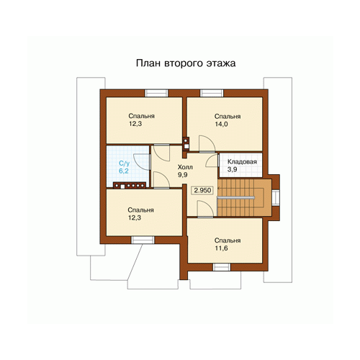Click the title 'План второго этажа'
coord(186,63)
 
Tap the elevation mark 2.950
coord(202,190)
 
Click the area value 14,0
coord(221,124)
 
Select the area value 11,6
coord(221,248)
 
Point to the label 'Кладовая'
coord(242,162)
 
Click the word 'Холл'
coord(185,167)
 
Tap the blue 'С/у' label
coord(124,163)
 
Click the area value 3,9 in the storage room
coord(232,169)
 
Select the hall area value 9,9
coord(182,175)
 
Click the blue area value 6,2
coord(124,171)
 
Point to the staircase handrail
coord(235,198)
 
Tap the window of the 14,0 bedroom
coord(212,93)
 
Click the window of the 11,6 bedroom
coord(222,267)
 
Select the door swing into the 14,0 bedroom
coord(207,143)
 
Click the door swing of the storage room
coord(212,161)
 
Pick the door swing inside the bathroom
coord(142,162)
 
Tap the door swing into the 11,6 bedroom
coord(205,209)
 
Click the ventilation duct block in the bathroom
coord(130,185)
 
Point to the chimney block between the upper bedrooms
coord(186,143)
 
